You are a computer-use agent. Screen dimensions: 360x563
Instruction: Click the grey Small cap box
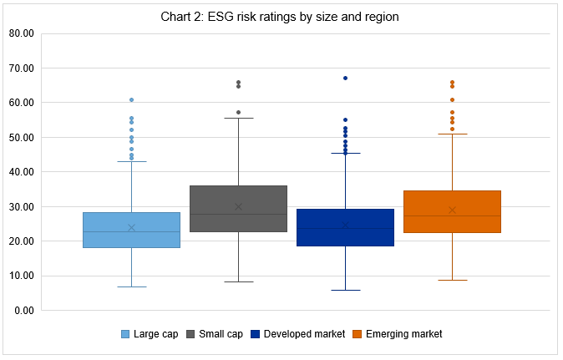pos(238,208)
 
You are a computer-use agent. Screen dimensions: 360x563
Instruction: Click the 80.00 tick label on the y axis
pos(20,33)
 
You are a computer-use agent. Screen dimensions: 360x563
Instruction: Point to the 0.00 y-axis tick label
pos(23,311)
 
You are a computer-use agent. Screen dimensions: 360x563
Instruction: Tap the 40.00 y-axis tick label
pos(20,172)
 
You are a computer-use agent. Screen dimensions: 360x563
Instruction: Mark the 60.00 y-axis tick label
pos(20,103)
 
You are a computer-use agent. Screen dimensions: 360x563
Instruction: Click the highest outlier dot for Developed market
pos(345,78)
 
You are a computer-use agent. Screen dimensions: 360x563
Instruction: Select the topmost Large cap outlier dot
pos(131,99)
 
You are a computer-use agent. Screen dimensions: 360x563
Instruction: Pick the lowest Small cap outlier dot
pos(238,112)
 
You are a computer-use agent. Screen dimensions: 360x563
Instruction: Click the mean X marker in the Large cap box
pos(131,227)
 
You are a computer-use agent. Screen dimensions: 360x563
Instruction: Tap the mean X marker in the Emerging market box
pos(452,210)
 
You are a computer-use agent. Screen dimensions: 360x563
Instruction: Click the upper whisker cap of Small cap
pos(238,118)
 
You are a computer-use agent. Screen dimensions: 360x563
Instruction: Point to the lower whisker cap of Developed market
pos(345,290)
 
